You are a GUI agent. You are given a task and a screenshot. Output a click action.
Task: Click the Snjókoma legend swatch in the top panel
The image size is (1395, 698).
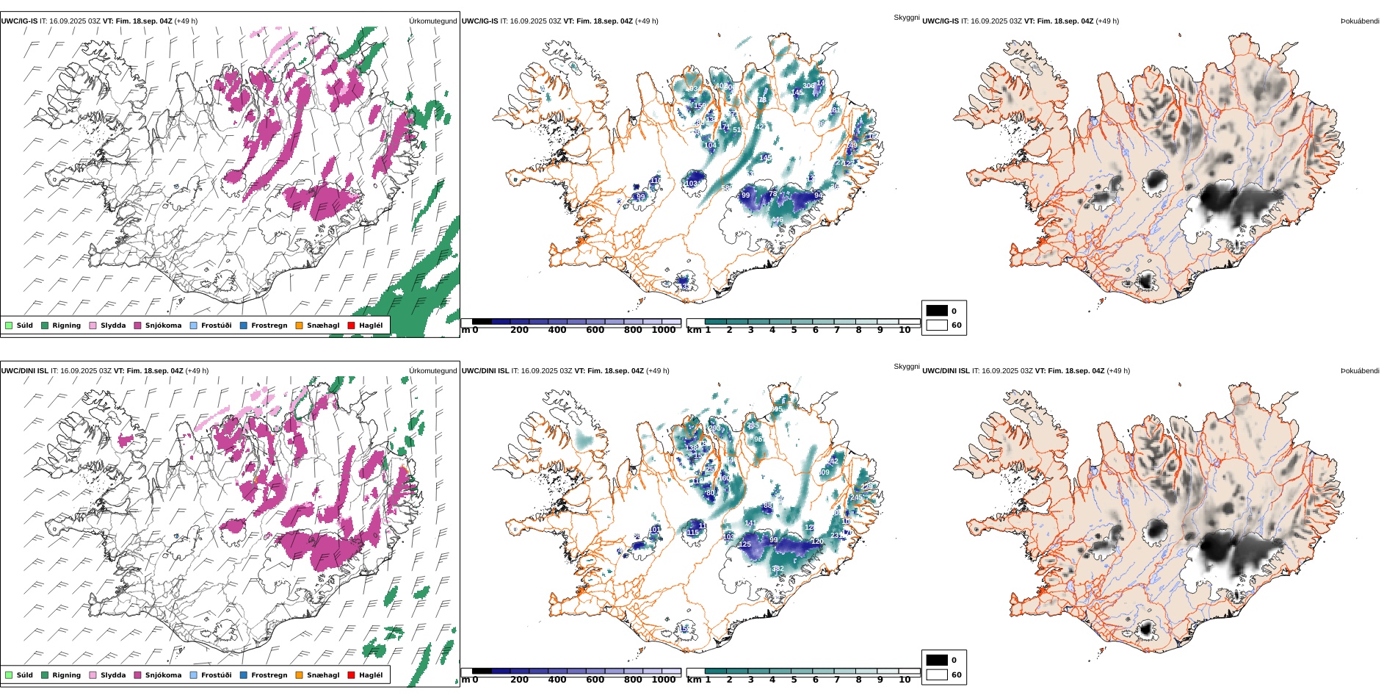[137, 325]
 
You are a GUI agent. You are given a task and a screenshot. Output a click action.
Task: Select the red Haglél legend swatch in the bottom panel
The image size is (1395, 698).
[352, 675]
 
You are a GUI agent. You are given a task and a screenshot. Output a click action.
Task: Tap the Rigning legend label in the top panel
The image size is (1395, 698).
[66, 325]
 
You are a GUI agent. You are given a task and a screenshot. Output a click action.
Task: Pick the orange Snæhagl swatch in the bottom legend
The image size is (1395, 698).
[299, 675]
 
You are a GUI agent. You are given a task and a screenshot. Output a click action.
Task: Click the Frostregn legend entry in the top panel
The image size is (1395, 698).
[269, 325]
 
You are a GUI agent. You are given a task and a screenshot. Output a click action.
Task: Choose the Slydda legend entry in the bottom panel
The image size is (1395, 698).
[113, 675]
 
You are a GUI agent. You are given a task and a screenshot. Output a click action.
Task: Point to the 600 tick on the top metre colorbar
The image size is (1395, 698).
[595, 330]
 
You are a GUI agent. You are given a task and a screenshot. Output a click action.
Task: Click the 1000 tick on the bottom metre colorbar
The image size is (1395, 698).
[664, 680]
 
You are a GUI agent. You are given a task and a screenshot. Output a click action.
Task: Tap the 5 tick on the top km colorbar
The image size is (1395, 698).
[794, 330]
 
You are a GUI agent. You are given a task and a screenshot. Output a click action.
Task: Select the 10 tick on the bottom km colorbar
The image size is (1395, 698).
[905, 680]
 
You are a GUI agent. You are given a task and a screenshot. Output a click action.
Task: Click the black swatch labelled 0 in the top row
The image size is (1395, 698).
[937, 311]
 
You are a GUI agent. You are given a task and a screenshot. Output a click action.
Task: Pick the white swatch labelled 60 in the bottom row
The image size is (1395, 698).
[937, 674]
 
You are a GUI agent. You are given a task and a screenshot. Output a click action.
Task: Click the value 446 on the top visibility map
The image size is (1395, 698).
[777, 220]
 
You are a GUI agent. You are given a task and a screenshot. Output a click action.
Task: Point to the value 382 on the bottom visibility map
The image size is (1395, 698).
[778, 569]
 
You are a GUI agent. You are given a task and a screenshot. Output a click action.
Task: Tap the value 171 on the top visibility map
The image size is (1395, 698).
[724, 127]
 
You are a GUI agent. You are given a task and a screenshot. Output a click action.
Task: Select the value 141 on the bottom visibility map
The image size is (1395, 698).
[750, 523]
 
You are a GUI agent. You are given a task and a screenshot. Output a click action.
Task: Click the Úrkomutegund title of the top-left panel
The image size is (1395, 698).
[432, 21]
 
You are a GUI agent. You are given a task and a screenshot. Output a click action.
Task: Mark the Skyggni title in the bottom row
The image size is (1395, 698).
[906, 366]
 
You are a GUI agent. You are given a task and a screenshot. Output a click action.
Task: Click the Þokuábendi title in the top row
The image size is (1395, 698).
[1360, 21]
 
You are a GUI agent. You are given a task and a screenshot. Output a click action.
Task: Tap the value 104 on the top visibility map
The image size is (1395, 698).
[710, 145]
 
